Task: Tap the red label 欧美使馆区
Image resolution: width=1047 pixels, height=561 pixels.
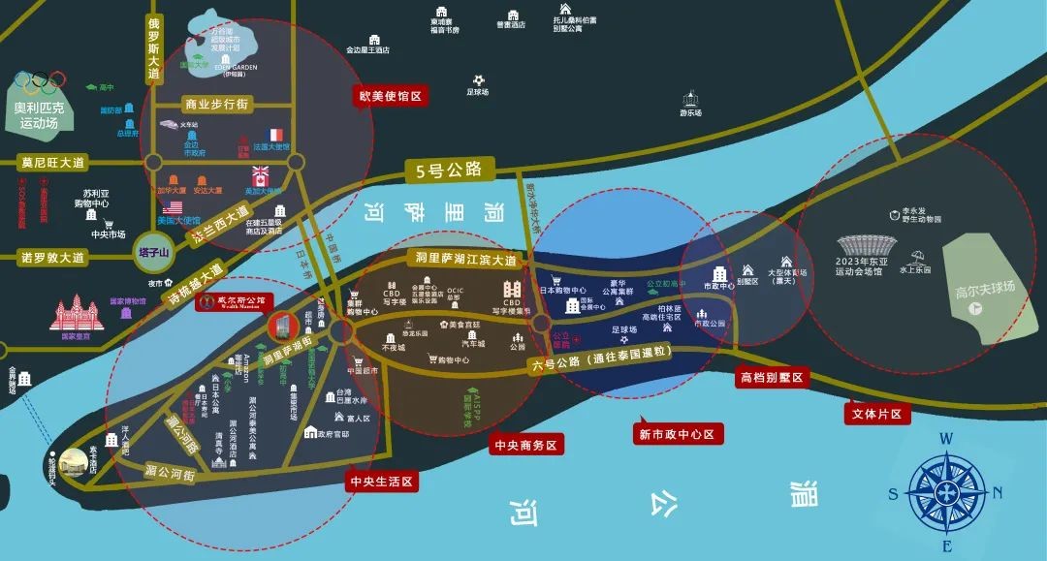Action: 391,97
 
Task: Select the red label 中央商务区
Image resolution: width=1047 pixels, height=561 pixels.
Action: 524,445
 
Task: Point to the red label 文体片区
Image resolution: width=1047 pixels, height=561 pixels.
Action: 875,415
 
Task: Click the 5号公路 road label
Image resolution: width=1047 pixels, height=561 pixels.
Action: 449,171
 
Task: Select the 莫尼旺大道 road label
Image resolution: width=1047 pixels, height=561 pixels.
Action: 53,163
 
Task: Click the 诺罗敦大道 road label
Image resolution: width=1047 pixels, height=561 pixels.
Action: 53,258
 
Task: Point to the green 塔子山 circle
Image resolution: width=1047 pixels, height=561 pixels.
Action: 153,253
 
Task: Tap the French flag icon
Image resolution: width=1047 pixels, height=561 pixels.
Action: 274,135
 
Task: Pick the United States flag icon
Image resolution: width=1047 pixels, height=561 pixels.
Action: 174,208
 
